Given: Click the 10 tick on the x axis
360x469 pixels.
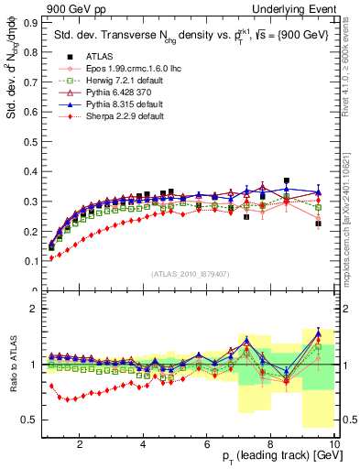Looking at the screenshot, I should pos(334,443).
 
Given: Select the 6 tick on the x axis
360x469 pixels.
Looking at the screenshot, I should pos(207,443).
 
